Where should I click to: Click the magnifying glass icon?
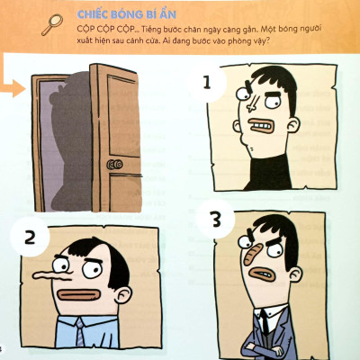(52, 24)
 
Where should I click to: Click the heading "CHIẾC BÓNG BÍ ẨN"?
(126, 14)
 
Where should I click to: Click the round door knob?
(114, 164)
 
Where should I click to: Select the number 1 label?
(207, 83)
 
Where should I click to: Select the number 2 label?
(30, 238)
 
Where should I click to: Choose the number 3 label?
(216, 220)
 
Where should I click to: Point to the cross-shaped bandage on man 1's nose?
(251, 104)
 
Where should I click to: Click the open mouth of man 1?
(260, 126)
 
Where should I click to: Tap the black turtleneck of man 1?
(269, 173)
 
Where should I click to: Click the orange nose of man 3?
(250, 255)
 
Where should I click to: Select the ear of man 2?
(123, 294)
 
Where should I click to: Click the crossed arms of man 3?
(264, 348)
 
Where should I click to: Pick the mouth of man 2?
(78, 295)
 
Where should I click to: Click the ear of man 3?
(294, 274)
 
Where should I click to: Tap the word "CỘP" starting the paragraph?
(85, 29)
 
